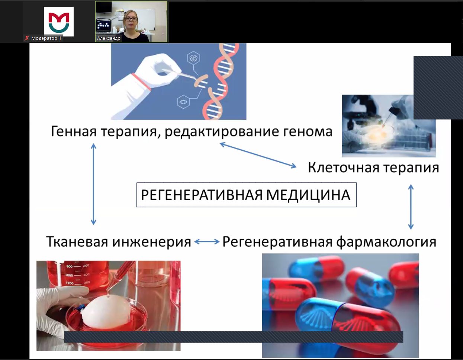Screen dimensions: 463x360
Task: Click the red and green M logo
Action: [x=59, y=22]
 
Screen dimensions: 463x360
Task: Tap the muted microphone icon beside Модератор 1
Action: [x=27, y=38]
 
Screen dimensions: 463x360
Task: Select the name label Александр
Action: [x=109, y=38]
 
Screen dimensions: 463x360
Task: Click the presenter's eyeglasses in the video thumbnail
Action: [x=131, y=19]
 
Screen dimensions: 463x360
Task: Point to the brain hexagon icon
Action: [x=193, y=58]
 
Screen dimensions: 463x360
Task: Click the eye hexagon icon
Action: [x=183, y=102]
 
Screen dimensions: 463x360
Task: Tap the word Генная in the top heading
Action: [x=74, y=131]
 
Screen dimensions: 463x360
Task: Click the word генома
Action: [x=308, y=132]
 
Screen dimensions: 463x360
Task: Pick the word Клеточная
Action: [x=344, y=168]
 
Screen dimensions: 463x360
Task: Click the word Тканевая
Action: [x=77, y=242]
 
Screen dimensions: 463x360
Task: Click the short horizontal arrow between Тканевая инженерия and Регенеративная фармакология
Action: [x=207, y=242]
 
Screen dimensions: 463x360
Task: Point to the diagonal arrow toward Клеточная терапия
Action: [x=258, y=155]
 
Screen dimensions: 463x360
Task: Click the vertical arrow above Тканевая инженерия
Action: [x=94, y=184]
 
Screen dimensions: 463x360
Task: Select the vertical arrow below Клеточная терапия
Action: [x=411, y=207]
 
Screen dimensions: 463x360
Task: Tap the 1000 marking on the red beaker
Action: [x=70, y=275]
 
